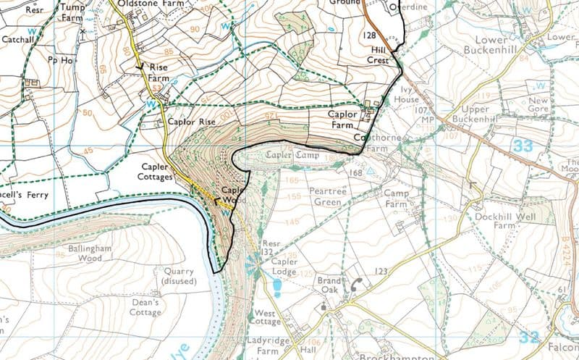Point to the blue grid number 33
coord(523,146)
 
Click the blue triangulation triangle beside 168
coord(371,172)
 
